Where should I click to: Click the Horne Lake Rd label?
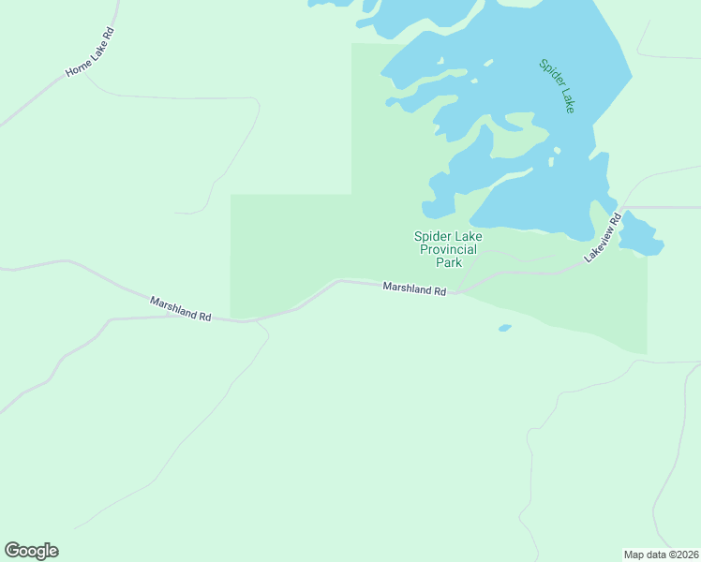(x=90, y=52)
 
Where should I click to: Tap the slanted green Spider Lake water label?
(x=557, y=86)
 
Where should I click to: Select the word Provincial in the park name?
(x=448, y=249)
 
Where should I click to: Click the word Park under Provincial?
(x=448, y=262)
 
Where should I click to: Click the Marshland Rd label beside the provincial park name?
(x=414, y=288)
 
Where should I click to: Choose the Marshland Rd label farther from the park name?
(x=181, y=309)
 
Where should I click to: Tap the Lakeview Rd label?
(x=603, y=239)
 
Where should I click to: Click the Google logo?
(x=31, y=551)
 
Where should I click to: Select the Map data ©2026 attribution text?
(x=661, y=554)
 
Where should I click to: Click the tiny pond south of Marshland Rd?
(x=505, y=328)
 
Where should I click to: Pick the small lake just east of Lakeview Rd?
(x=641, y=235)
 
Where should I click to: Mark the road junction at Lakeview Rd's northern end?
(x=622, y=207)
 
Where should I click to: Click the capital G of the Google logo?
(x=12, y=551)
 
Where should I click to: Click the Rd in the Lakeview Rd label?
(x=616, y=220)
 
